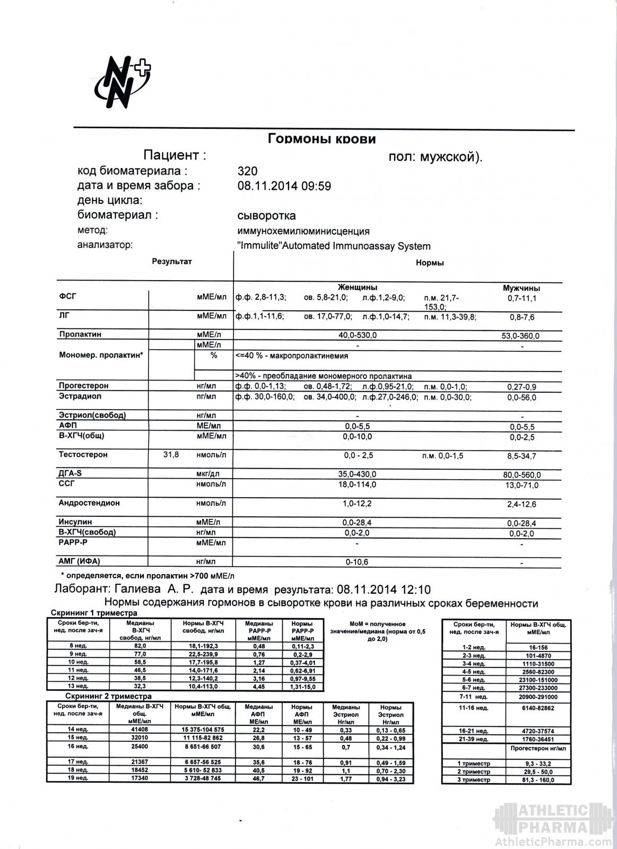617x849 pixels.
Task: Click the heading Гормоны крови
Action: coord(321,139)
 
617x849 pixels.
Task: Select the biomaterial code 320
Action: coord(247,171)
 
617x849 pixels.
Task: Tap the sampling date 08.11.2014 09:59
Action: coord(284,186)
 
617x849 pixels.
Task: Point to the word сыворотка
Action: coord(266,216)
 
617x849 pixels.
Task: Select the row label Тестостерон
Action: coord(83,455)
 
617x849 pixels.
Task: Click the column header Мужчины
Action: coord(521,288)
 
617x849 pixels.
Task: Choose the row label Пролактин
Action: coord(80,334)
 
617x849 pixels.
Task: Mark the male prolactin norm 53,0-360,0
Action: coord(521,336)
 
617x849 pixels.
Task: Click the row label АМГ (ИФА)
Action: coord(79,561)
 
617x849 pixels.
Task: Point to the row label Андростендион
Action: coord(89,503)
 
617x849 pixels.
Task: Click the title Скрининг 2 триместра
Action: coord(108,696)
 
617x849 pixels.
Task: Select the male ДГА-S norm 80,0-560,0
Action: coord(521,475)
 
